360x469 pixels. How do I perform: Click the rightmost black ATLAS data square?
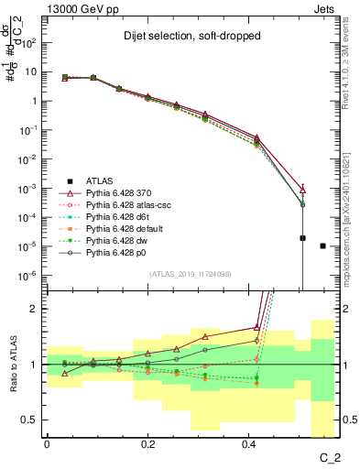click(322, 245)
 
